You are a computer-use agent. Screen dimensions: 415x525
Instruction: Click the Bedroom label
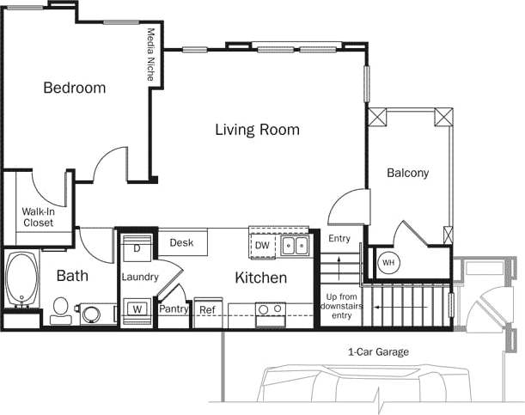[75, 88]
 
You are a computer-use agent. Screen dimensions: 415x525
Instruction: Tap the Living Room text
[257, 130]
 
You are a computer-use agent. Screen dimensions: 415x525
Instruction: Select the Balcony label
[407, 173]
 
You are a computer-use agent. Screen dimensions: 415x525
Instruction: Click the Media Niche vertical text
[151, 54]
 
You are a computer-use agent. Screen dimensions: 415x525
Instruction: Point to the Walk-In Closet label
[38, 217]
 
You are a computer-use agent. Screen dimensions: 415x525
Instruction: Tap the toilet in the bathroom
[61, 309]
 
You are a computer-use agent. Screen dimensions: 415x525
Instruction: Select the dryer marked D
[137, 248]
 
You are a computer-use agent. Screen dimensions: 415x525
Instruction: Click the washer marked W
[137, 309]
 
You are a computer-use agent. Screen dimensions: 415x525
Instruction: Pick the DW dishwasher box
[263, 247]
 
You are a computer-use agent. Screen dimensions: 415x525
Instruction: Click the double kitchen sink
[296, 246]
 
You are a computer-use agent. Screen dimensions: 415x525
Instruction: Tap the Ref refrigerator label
[207, 310]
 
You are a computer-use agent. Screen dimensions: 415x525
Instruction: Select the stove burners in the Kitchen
[272, 310]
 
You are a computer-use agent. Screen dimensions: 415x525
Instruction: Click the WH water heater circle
[388, 262]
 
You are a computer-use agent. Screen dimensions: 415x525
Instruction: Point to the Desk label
[181, 243]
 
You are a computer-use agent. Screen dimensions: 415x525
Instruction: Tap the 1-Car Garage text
[378, 352]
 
